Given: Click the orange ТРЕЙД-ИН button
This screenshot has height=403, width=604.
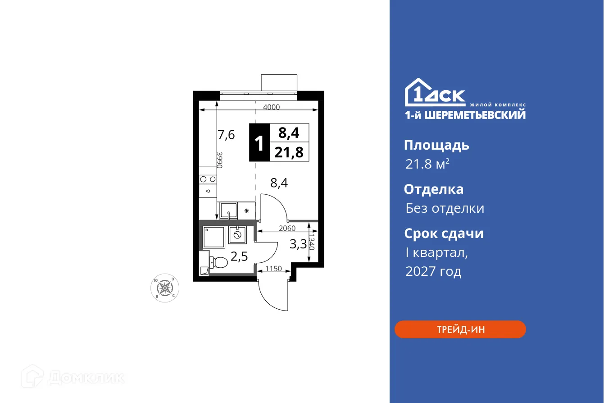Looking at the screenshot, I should click(x=460, y=329).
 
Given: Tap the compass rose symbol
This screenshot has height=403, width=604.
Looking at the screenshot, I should click(x=165, y=288).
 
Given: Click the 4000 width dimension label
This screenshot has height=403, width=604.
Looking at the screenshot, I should click(x=272, y=107).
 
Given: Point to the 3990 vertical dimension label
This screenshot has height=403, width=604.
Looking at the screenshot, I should click(x=220, y=160).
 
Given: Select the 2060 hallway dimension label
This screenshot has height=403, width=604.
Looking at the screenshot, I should click(x=286, y=228).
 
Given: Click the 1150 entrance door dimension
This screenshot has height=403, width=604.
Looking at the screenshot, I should click(x=273, y=269).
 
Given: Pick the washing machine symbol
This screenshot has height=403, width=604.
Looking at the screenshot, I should click(x=237, y=234).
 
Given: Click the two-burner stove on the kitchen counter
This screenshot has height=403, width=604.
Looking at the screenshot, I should click(x=208, y=179).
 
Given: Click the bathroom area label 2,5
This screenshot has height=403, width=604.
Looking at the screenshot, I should click(x=239, y=256).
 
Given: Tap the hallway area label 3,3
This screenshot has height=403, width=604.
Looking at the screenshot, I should click(x=298, y=244).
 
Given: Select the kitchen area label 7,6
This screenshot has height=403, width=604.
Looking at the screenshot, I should click(x=226, y=134).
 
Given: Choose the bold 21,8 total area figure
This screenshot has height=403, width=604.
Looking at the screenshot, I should click(x=289, y=152).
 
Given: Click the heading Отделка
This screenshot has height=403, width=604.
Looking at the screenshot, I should click(x=433, y=189).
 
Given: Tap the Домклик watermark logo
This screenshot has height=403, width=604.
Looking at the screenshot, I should click(x=74, y=376).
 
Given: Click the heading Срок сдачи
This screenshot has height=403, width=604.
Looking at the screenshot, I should click(x=443, y=234).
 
